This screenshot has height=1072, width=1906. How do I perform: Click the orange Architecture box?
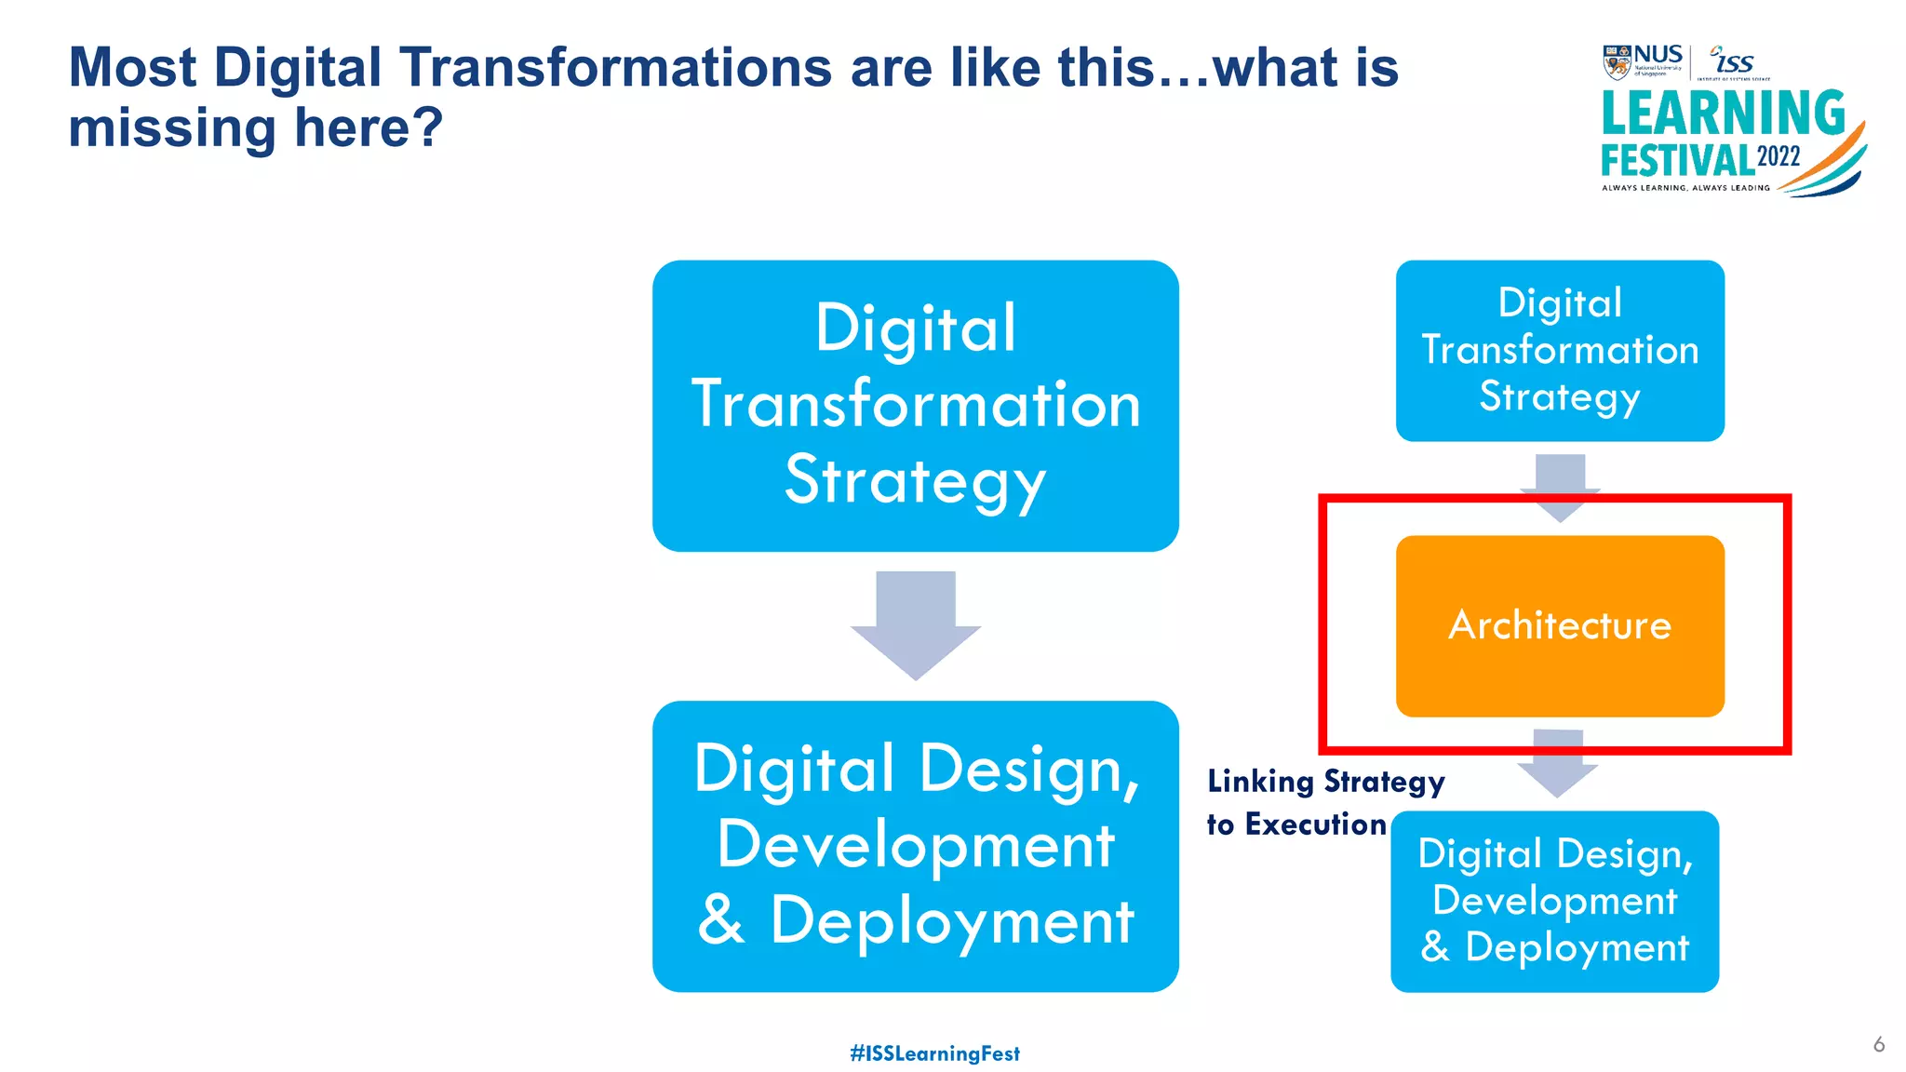click(1560, 625)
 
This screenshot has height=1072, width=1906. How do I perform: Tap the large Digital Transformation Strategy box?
click(915, 406)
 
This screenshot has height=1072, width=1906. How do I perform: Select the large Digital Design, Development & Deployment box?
click(915, 846)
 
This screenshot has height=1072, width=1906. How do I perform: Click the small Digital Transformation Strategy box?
click(1560, 351)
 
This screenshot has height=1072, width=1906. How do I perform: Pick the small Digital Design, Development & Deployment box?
click(1554, 901)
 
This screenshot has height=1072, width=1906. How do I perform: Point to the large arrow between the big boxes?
click(916, 623)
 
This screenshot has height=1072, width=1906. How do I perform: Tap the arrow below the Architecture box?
click(1557, 762)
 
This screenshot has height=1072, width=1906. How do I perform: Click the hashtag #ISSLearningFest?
click(934, 1053)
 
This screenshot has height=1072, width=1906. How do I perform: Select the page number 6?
click(1878, 1044)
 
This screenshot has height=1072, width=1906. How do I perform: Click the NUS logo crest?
click(1617, 62)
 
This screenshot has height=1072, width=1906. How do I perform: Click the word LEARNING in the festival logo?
click(1723, 114)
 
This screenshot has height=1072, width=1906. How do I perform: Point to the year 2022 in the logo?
click(1778, 156)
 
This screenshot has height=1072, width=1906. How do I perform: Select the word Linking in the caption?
click(1260, 782)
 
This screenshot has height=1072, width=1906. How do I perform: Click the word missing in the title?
click(172, 127)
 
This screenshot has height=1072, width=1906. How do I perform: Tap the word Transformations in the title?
click(614, 68)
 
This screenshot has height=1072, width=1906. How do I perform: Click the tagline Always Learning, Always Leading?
click(1685, 188)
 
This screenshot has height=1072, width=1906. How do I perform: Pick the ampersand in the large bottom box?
click(721, 920)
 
